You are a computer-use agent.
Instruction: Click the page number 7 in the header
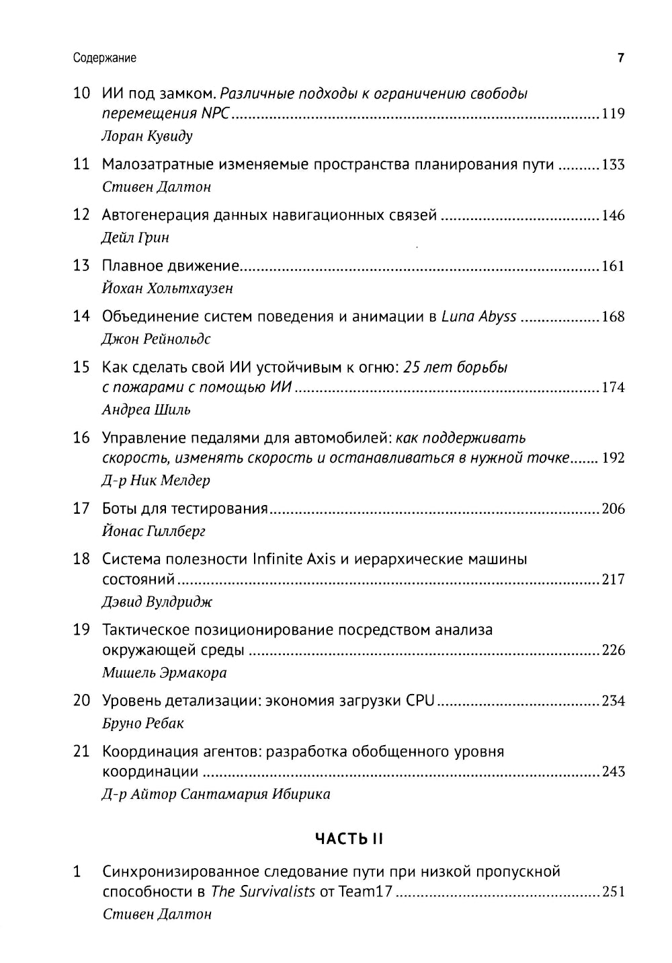click(x=621, y=58)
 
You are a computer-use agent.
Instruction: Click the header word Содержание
click(x=104, y=59)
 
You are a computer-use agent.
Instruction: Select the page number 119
click(x=613, y=114)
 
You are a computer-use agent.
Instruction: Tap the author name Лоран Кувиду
click(x=146, y=136)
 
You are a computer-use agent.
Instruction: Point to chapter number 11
click(x=81, y=164)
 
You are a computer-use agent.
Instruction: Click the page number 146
click(x=613, y=215)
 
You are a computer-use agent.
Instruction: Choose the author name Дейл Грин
click(x=135, y=237)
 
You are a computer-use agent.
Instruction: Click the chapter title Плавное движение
click(x=171, y=266)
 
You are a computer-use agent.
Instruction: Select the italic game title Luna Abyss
click(x=478, y=317)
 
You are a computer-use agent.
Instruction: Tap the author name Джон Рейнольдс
click(x=156, y=339)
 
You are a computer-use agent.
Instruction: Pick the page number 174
click(x=613, y=387)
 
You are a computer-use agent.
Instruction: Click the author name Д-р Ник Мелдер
click(x=156, y=480)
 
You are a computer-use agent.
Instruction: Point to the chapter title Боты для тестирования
click(x=185, y=508)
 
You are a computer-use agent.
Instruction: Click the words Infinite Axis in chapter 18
click(x=293, y=559)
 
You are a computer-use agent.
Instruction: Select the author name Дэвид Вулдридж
click(x=157, y=602)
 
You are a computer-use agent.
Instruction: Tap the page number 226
click(x=613, y=650)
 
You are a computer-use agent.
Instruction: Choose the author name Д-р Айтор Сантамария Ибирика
click(x=216, y=794)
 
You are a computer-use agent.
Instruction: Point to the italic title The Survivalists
click(x=263, y=892)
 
